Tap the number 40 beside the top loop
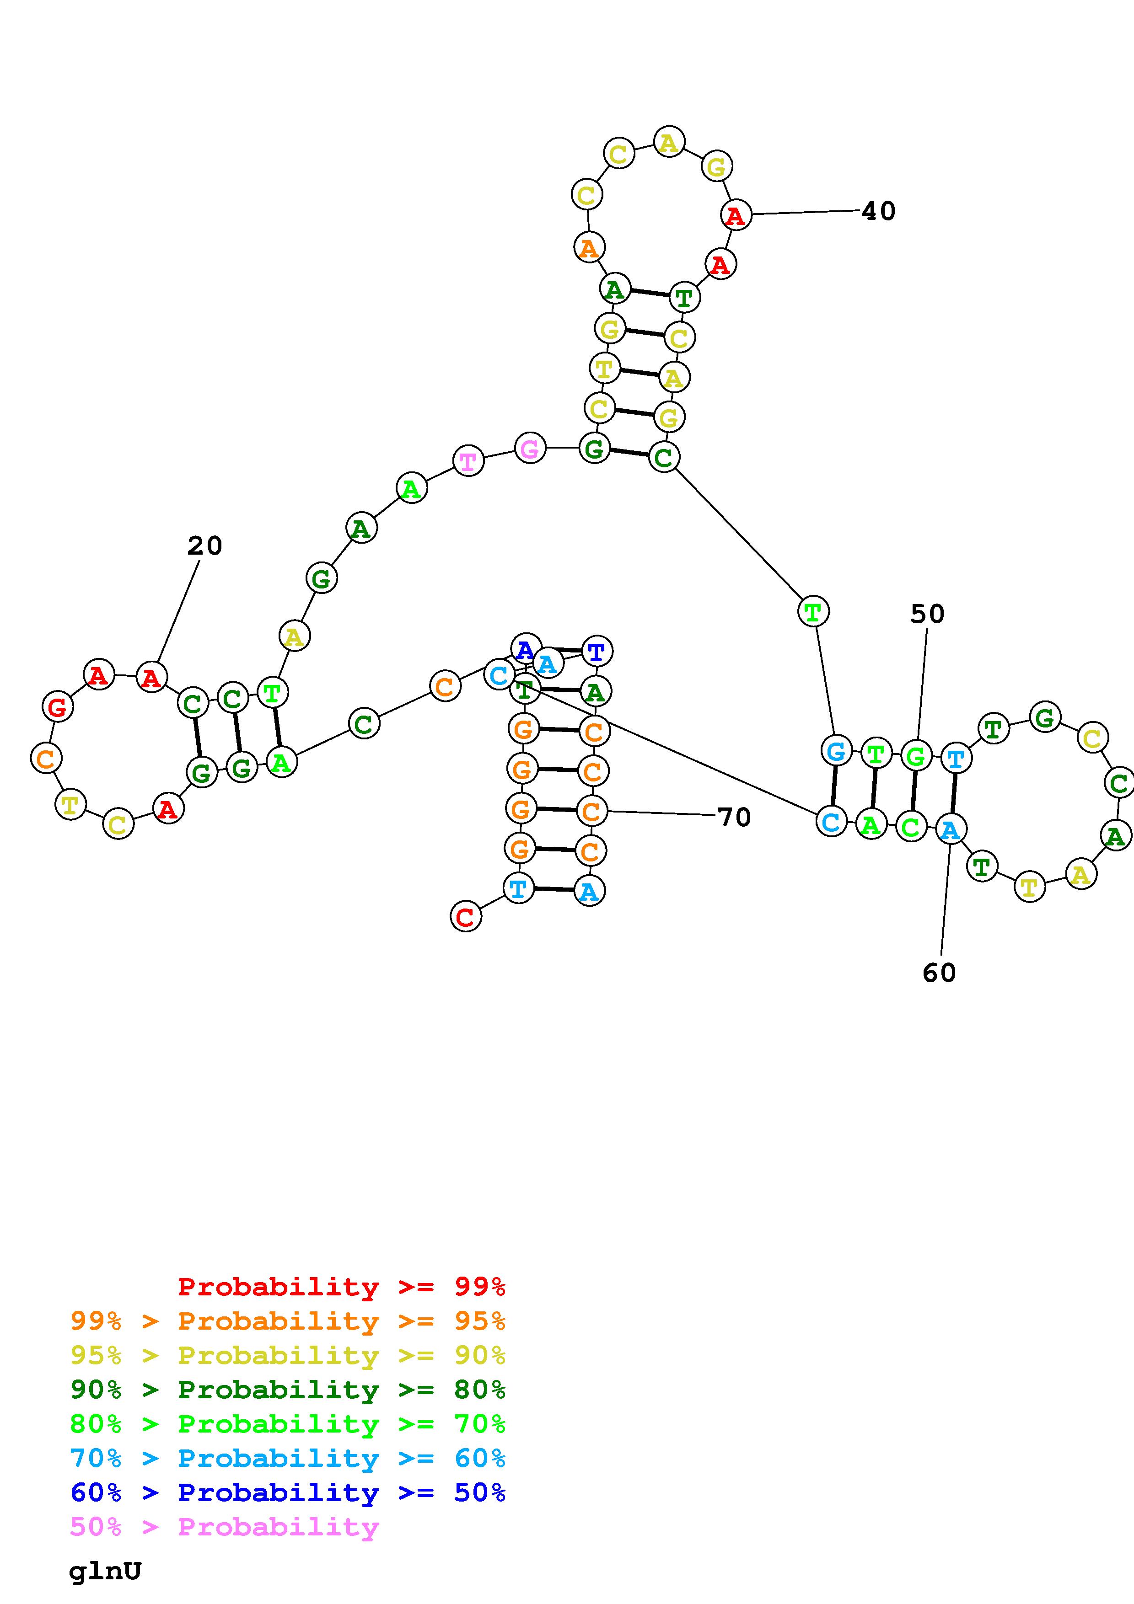pos(878,211)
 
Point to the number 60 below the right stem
pos(939,973)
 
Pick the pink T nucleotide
pos(468,461)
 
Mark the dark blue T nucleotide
pos(596,651)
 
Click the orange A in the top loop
pos(589,247)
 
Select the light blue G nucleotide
pos(836,752)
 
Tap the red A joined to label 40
pos(736,215)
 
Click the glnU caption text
pos(105,1571)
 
